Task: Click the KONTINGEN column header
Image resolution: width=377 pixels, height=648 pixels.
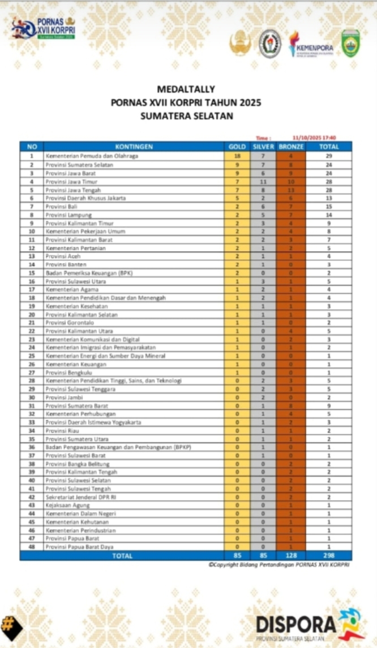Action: click(x=134, y=147)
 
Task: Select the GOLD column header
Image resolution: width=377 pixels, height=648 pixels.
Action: click(x=237, y=147)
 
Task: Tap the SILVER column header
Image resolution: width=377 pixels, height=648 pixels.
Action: click(x=263, y=147)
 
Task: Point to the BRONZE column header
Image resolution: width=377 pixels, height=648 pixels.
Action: click(x=291, y=147)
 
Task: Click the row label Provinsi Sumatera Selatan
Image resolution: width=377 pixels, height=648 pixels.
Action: click(x=79, y=165)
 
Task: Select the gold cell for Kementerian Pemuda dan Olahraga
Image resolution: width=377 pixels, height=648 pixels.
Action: click(x=237, y=156)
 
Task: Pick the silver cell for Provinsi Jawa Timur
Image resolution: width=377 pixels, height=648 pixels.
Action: click(x=263, y=182)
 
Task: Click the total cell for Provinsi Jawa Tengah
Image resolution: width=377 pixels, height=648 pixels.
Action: click(x=328, y=190)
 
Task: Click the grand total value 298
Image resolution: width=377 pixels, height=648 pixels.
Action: click(x=328, y=556)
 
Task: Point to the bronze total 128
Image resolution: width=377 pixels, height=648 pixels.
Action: click(x=291, y=556)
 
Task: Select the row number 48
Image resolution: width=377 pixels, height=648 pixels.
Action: click(x=32, y=547)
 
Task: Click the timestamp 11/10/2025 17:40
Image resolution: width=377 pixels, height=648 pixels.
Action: click(x=314, y=138)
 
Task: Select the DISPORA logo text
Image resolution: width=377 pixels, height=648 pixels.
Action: click(x=295, y=625)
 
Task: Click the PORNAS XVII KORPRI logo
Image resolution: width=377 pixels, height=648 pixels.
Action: click(x=44, y=28)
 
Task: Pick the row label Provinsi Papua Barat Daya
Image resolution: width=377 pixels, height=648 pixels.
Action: click(x=76, y=547)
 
